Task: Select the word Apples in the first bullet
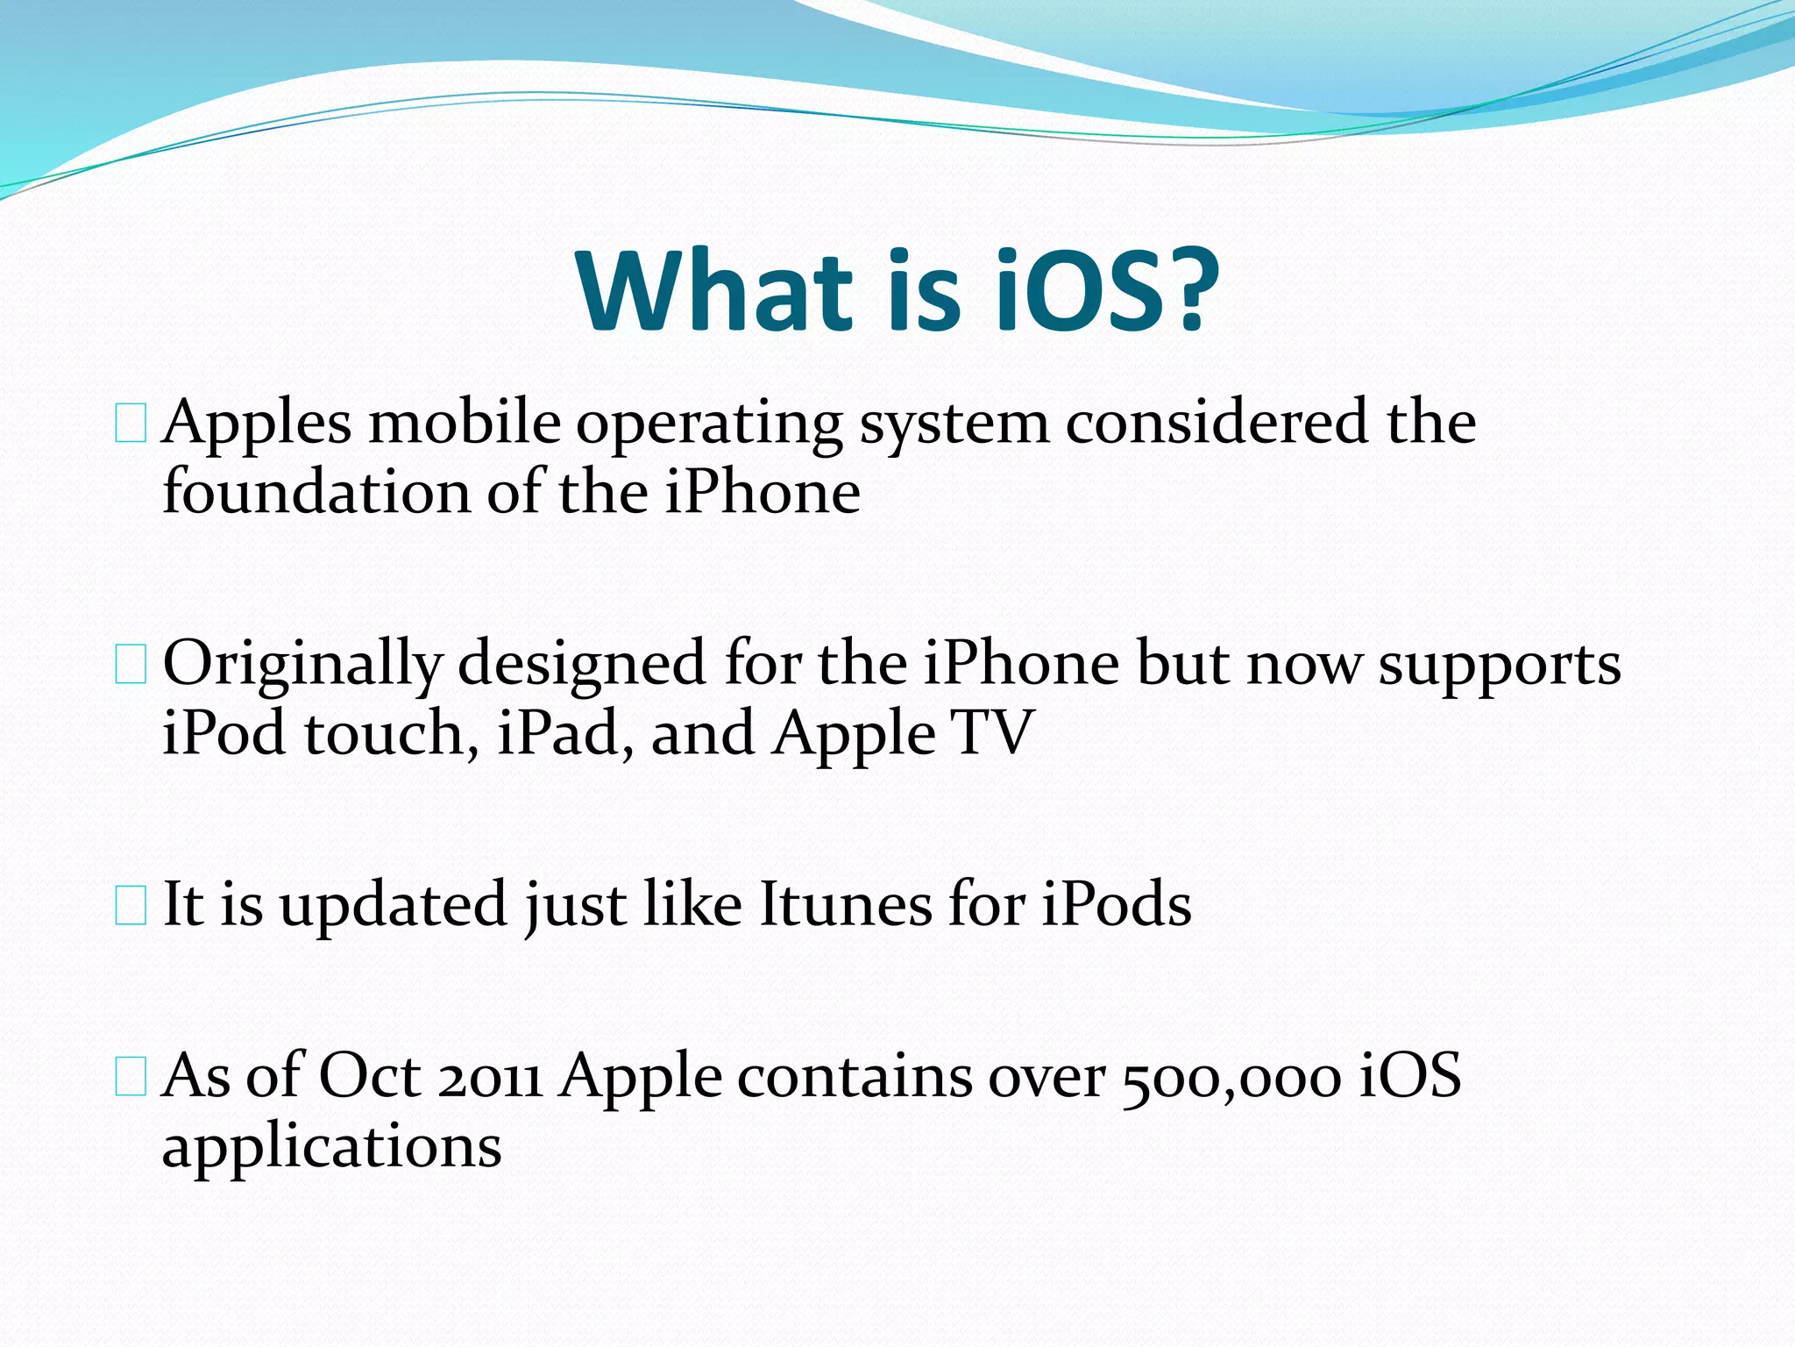[x=256, y=424]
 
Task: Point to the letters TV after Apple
[x=994, y=733]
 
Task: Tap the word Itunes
[x=845, y=905]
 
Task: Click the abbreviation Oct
[x=369, y=1076]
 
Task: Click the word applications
[x=331, y=1147]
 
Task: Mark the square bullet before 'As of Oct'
[x=131, y=1078]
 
